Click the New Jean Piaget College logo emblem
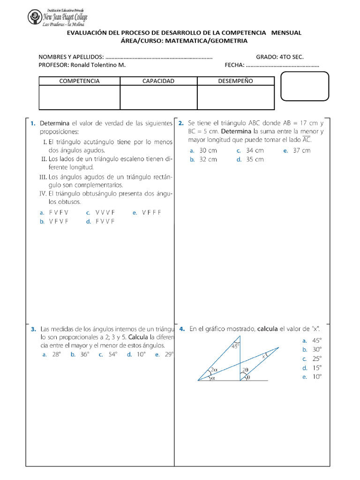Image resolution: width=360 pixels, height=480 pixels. coord(35,18)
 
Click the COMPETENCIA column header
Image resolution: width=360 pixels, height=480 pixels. coord(79,81)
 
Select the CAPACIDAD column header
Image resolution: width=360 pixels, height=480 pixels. coord(158,81)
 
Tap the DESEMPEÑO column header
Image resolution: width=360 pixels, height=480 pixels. coord(235,81)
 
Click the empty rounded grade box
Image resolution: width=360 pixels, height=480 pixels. coord(304,86)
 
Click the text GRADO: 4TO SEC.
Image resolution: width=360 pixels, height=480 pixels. coord(279,57)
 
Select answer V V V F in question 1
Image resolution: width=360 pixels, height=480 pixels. coord(105,212)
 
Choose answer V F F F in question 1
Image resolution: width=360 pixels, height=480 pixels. coord(151,212)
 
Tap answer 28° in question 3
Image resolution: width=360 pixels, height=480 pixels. coord(56,355)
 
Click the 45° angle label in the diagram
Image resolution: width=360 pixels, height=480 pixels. coord(236,346)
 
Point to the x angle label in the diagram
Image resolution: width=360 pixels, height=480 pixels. coord(263,356)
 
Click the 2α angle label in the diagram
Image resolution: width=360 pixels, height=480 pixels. coord(213,369)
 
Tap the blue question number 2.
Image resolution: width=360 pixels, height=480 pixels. coord(181,124)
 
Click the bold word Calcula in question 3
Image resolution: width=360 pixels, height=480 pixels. coord(138,337)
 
